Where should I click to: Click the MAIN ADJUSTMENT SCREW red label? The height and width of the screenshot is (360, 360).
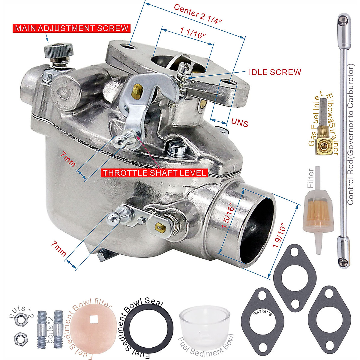point(71,28)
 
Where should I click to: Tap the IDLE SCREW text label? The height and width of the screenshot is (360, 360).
point(275,72)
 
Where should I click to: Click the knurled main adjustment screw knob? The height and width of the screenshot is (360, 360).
point(58,51)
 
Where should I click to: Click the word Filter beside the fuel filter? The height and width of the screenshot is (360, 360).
point(310,178)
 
